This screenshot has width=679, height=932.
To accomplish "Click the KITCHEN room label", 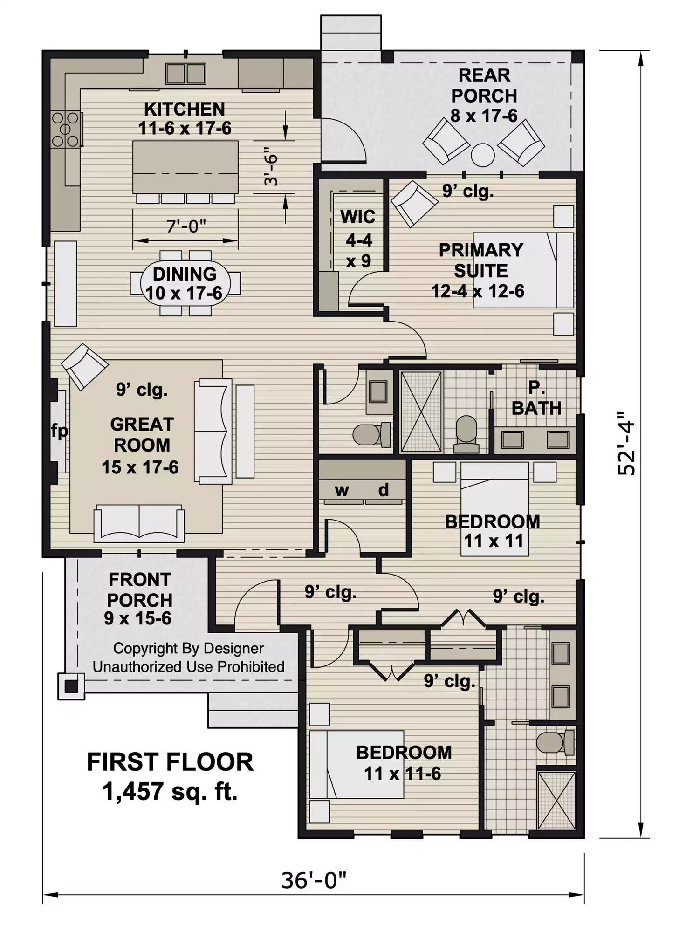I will point(185,109).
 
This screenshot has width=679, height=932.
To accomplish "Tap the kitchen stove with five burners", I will point(65,129).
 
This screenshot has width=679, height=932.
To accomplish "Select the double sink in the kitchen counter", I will point(185,74).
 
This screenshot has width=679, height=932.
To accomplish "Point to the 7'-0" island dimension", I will point(185,227).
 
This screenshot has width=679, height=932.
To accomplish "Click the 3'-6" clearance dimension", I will point(271,166).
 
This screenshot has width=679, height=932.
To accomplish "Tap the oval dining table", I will point(185,283).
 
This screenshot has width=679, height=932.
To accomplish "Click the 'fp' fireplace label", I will point(59,431).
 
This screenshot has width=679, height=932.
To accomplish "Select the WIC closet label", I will point(357,217).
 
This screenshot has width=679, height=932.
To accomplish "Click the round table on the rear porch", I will point(482,155).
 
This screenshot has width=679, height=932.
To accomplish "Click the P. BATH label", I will point(536,398).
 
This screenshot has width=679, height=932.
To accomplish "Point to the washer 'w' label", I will point(342,490).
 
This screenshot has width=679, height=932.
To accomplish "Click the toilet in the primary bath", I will point(466,433).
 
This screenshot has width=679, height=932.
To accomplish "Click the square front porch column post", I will point(71,686).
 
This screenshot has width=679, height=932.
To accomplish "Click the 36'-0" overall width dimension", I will point(314,880).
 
